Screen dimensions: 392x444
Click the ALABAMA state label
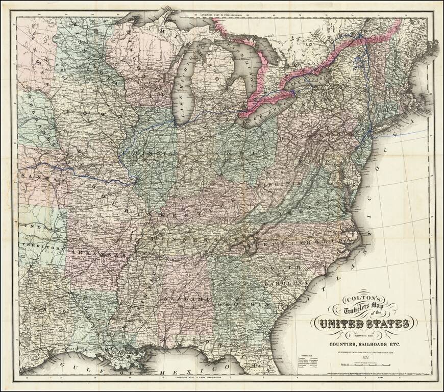[x=186, y=298]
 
